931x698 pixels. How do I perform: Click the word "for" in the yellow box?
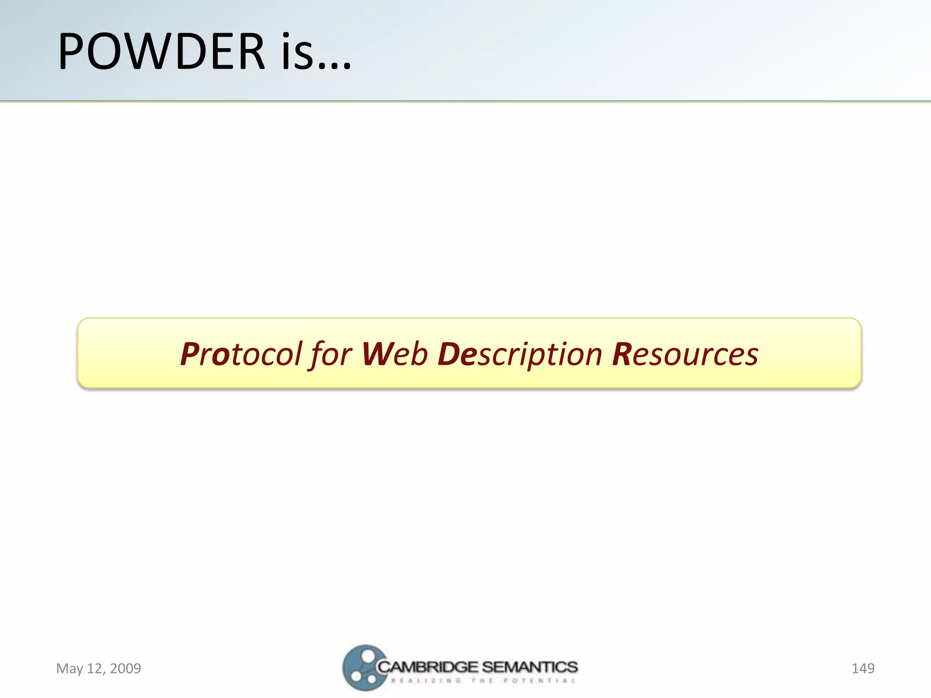331,354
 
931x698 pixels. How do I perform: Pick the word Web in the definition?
395,354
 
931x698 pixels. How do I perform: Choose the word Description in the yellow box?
520,354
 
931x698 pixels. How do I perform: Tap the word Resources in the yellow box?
685,354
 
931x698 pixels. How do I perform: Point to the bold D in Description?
448,354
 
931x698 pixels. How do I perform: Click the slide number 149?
862,668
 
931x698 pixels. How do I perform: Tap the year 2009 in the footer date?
125,668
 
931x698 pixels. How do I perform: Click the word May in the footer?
70,668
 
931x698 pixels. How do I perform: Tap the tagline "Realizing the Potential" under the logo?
483,681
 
